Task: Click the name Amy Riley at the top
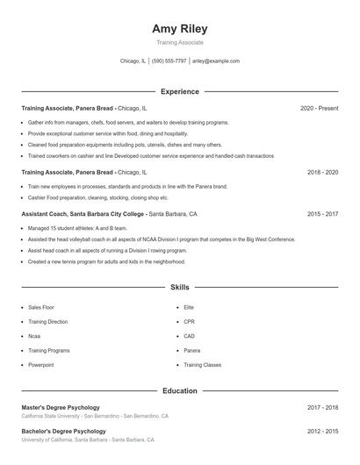(x=179, y=28)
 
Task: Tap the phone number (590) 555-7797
(x=169, y=61)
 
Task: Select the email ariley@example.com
(x=215, y=61)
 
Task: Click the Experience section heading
(x=179, y=91)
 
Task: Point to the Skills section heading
(x=179, y=287)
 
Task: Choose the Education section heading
(x=179, y=390)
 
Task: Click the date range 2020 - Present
(x=319, y=108)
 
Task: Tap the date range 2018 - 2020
(x=322, y=173)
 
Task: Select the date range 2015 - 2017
(x=322, y=214)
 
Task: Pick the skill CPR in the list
(x=189, y=322)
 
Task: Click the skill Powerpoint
(x=41, y=364)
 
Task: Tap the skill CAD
(x=189, y=336)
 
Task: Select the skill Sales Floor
(x=41, y=308)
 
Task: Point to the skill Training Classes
(x=202, y=364)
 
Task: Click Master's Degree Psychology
(x=61, y=408)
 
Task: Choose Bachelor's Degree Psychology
(x=63, y=432)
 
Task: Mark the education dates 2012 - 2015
(x=322, y=432)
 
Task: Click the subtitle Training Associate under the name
(x=179, y=42)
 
